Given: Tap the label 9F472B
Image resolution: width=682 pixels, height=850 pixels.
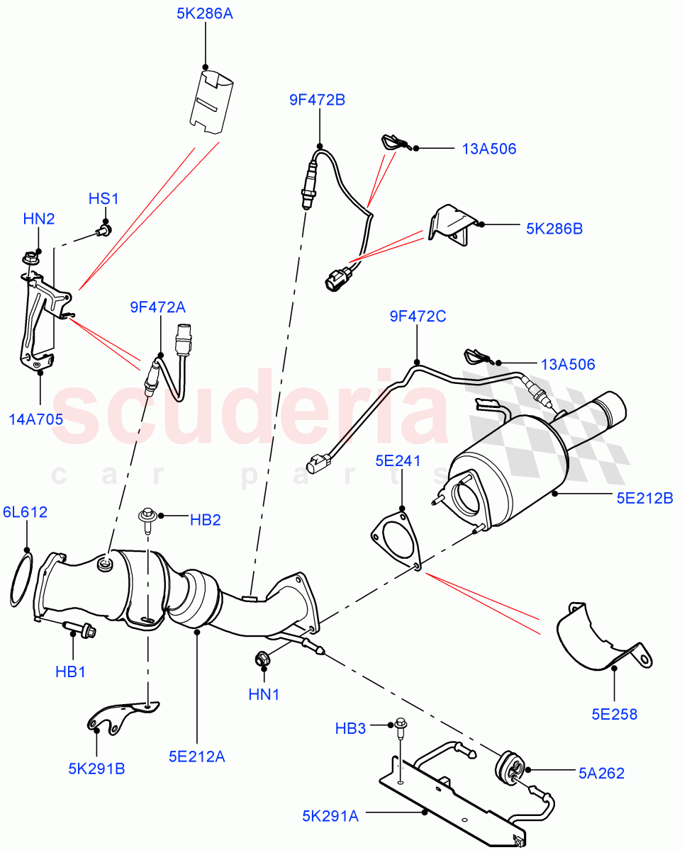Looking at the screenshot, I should (x=317, y=101).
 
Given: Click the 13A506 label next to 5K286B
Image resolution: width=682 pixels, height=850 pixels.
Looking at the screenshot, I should (x=488, y=149).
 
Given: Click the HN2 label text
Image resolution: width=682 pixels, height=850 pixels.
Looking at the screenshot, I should (x=39, y=220).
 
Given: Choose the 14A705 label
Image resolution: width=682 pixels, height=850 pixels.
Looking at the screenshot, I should (x=35, y=419).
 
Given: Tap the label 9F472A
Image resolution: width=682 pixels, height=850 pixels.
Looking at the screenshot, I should (x=157, y=307).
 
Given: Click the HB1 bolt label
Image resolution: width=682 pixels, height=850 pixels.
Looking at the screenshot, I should (x=71, y=671).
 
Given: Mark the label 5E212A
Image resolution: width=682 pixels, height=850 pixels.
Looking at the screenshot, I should (x=197, y=756).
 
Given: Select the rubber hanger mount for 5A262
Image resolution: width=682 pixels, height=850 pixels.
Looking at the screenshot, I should (x=510, y=768).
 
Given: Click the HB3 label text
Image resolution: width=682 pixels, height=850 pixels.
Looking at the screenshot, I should (x=350, y=728).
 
